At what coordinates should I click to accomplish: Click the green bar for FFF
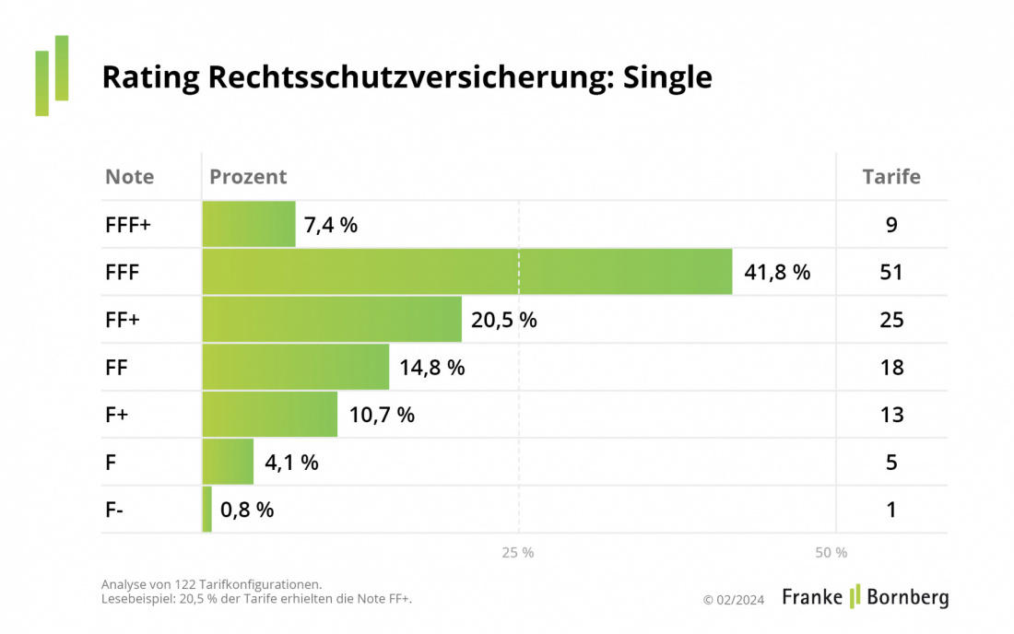click(x=466, y=272)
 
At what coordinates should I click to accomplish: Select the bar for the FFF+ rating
click(x=249, y=224)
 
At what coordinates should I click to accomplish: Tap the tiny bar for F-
click(x=207, y=510)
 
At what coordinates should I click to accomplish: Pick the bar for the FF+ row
click(x=332, y=320)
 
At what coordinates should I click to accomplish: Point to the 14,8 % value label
click(x=432, y=368)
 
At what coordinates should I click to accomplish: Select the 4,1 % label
click(x=291, y=463)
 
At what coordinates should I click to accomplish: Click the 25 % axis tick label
click(x=517, y=553)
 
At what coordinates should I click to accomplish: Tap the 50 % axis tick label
click(x=831, y=553)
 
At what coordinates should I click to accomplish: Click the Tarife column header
click(x=890, y=177)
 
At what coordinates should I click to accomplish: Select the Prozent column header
click(x=248, y=177)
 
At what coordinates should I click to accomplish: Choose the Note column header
click(x=129, y=177)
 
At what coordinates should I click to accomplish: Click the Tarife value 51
click(x=891, y=273)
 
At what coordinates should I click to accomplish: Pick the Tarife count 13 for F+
click(x=891, y=415)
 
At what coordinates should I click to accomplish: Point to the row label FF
click(x=116, y=368)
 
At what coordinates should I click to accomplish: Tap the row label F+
click(x=116, y=415)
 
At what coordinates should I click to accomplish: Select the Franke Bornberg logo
click(x=865, y=597)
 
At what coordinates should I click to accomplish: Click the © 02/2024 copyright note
click(x=733, y=600)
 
